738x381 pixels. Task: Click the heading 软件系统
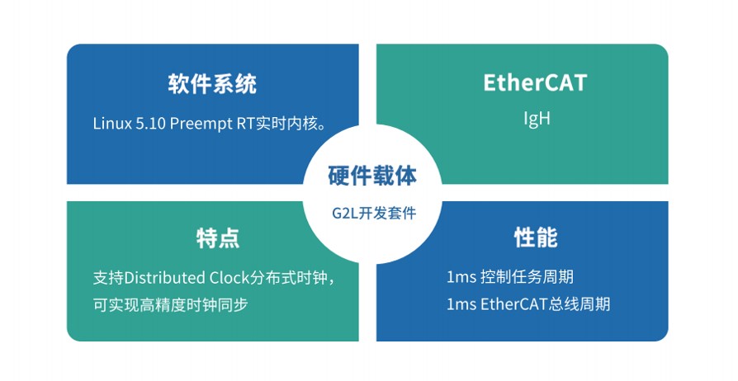[x=212, y=84]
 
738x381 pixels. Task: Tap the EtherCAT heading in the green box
[x=535, y=82]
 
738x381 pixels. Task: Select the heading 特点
[x=218, y=238]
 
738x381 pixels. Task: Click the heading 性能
[x=536, y=237]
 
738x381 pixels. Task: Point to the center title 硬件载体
[x=372, y=176]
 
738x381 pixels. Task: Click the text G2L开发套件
[x=374, y=213]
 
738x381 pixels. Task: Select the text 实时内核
[x=286, y=124]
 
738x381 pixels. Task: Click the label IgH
[x=537, y=119]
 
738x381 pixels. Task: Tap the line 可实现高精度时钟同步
[x=170, y=305]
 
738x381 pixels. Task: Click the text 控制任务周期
[x=527, y=276]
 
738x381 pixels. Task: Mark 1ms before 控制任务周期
[x=461, y=277]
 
